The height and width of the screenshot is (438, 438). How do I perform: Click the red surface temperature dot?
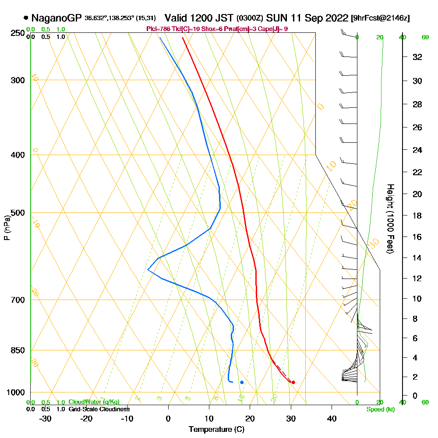tap(293, 382)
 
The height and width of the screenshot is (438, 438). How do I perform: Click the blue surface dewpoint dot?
tap(242, 382)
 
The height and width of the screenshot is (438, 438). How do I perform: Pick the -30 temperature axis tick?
tap(46, 418)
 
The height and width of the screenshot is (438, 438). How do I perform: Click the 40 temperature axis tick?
tap(332, 418)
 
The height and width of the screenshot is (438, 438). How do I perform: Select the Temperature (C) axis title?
tap(216, 430)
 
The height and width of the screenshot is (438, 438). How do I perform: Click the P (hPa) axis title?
tap(7, 227)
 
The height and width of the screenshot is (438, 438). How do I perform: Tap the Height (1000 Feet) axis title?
tap(390, 219)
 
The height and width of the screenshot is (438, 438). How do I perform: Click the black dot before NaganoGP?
tap(26, 18)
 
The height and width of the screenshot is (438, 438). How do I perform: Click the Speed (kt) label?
tap(380, 410)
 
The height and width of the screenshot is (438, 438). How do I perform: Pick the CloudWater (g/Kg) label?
tap(94, 402)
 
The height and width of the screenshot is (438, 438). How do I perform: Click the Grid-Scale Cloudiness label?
tap(99, 409)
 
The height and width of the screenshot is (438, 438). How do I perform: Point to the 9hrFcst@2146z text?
tap(381, 18)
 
